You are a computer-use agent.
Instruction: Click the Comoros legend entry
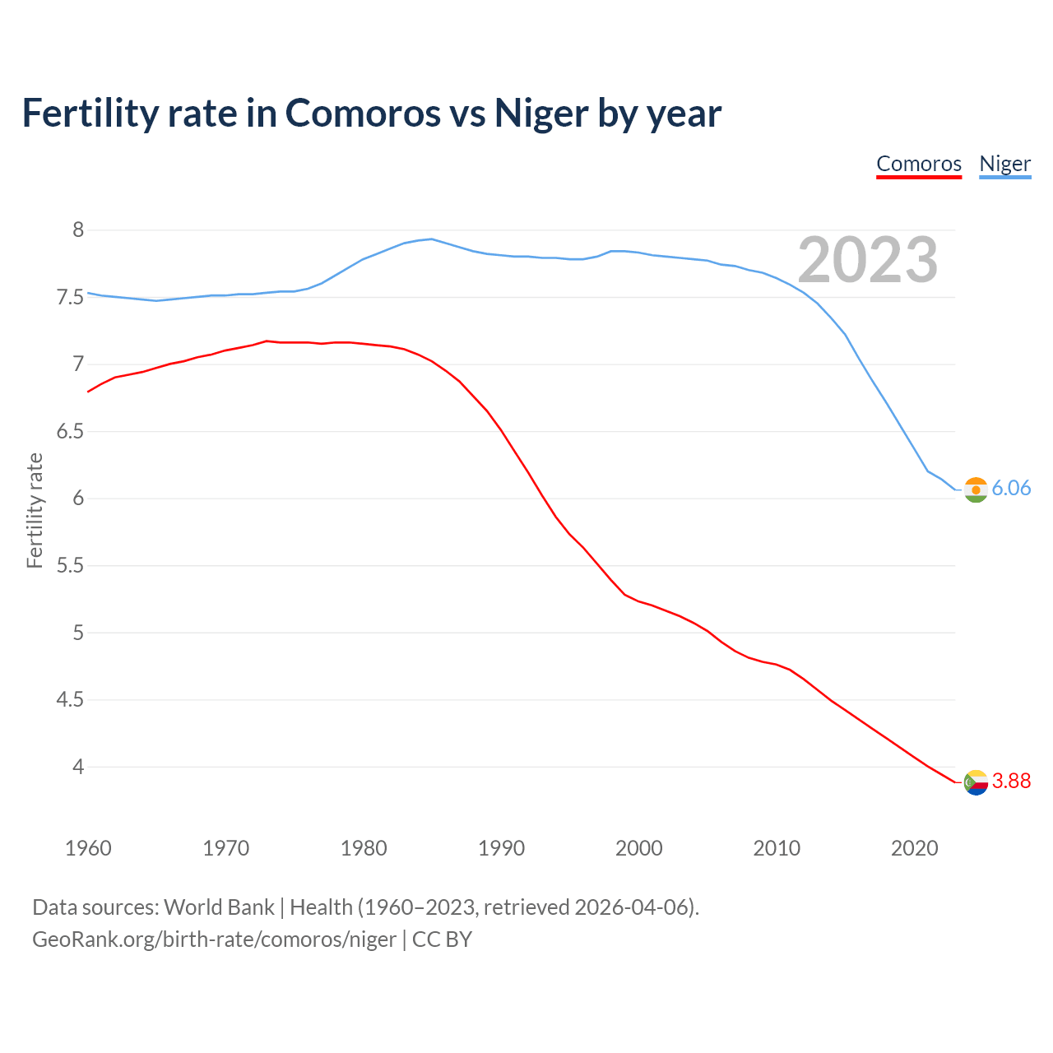click(x=919, y=164)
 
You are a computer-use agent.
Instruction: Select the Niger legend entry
click(x=1004, y=164)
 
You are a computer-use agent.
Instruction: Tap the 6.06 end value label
click(x=1011, y=488)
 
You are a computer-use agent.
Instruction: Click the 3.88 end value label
click(x=1011, y=781)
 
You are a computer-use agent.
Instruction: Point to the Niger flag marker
click(x=976, y=489)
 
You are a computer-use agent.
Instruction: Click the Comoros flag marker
click(x=976, y=782)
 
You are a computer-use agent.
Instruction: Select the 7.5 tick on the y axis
click(x=70, y=297)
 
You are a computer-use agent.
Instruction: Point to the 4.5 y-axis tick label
click(x=70, y=700)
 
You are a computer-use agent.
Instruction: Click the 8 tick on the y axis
click(x=78, y=230)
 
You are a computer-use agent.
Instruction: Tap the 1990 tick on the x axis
click(x=501, y=848)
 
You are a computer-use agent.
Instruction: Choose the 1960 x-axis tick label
click(x=88, y=848)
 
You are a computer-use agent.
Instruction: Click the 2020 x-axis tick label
click(x=914, y=848)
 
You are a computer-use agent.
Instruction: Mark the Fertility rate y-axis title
click(x=35, y=510)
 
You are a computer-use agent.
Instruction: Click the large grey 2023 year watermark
click(x=867, y=260)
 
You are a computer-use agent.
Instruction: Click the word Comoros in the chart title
click(x=363, y=113)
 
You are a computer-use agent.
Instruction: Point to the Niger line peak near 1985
click(x=432, y=239)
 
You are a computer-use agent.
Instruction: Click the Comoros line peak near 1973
click(x=267, y=341)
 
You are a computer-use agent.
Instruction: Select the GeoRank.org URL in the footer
click(x=214, y=939)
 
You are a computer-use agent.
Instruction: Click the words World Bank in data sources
click(x=219, y=907)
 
